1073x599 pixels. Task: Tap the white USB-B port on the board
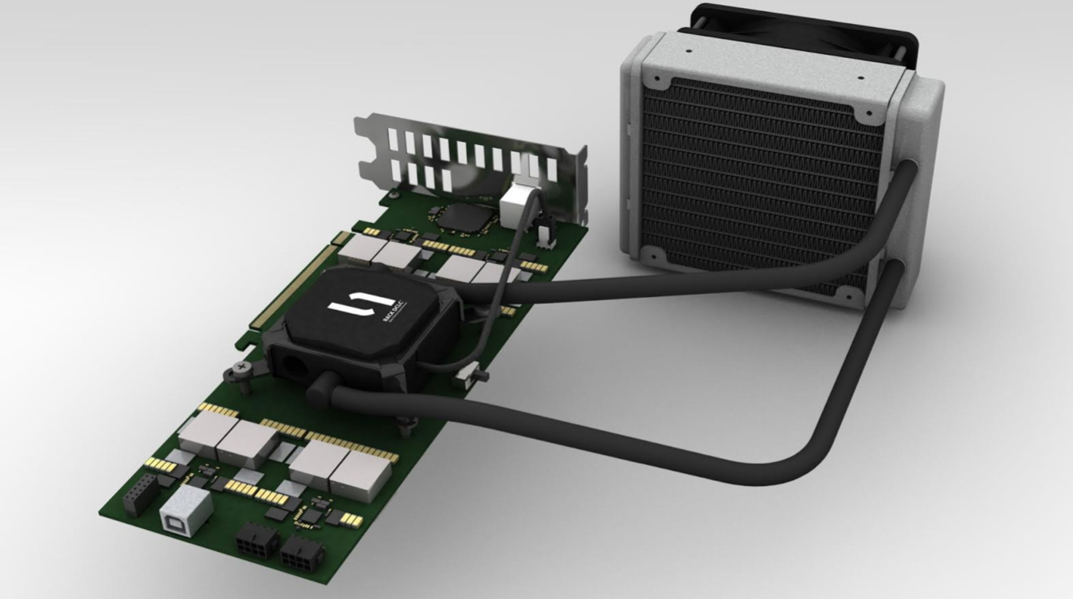click(x=186, y=508)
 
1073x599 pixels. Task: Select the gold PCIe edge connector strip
click(x=291, y=279)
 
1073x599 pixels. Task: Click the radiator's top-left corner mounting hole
click(x=654, y=80)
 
